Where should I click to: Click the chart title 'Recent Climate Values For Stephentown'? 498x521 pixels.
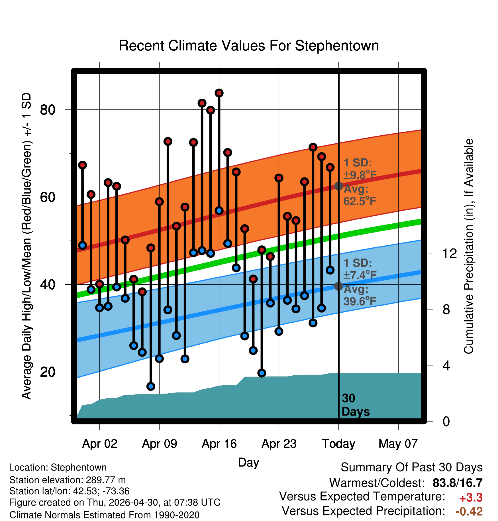249,46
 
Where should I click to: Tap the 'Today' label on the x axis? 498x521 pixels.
338,443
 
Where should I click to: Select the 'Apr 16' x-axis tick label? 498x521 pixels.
219,443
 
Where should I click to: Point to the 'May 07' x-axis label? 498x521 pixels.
398,443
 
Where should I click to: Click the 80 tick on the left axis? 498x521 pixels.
48,110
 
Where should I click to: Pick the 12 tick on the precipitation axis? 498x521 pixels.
450,253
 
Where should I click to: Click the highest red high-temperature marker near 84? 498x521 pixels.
219,93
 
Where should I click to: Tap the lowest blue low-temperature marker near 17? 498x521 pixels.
151,386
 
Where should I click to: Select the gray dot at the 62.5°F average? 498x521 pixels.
338,186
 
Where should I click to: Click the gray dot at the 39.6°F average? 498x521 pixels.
338,286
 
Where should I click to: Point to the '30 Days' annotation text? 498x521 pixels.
356,405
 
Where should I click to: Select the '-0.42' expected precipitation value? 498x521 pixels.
469,511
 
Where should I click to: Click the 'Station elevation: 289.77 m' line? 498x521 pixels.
68,480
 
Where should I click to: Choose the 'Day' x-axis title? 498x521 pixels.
248,462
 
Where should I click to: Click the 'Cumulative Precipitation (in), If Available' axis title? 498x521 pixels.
469,246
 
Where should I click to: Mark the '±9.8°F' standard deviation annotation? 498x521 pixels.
360,175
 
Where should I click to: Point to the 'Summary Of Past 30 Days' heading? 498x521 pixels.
412,467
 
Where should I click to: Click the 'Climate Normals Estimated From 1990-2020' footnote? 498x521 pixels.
104,515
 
